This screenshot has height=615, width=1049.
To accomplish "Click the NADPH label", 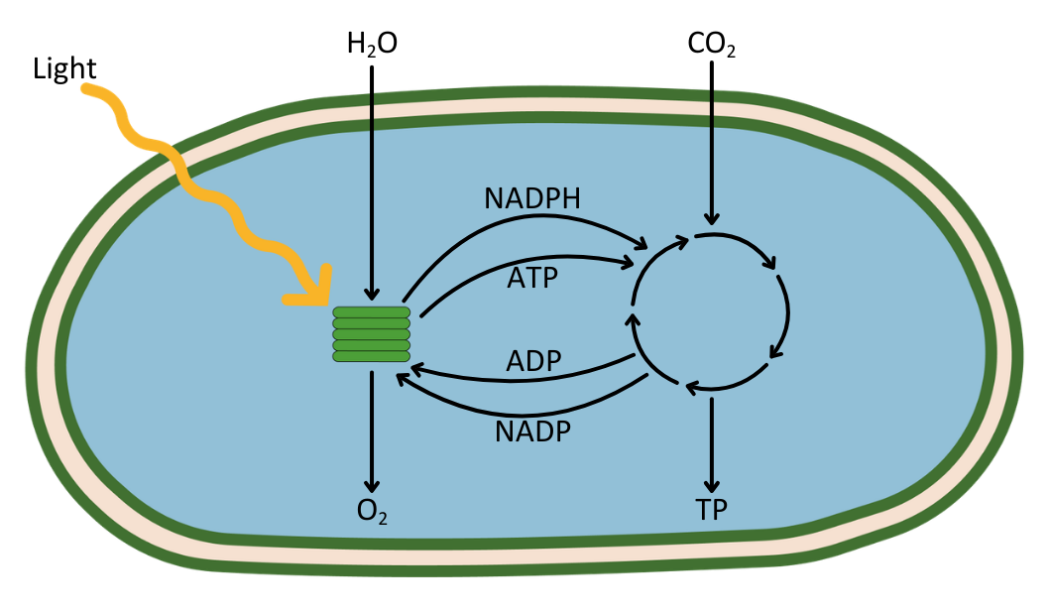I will (531, 198).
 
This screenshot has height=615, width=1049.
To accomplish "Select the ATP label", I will (531, 278).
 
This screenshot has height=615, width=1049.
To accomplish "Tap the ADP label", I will (533, 362).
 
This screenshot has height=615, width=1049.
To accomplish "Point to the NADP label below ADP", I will (532, 432).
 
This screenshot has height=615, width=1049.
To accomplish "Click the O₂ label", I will (371, 511).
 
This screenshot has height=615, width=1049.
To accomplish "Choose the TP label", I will (711, 511).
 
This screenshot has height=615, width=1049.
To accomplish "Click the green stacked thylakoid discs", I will (371, 334).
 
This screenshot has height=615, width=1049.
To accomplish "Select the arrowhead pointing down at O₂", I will (371, 486).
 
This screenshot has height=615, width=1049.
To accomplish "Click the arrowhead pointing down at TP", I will (711, 486).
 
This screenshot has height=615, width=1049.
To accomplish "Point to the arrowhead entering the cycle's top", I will (711, 219).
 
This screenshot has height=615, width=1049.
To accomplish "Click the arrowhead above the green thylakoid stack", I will (371, 294).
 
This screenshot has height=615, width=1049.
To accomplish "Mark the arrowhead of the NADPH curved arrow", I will (641, 244).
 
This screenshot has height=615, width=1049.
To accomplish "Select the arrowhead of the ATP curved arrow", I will (628, 263).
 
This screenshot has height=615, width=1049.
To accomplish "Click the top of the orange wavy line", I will (87, 90).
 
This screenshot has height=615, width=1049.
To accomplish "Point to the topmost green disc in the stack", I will (371, 312).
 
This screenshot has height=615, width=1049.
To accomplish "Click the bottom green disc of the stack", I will (371, 356).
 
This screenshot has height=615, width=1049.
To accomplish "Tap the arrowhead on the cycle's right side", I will (774, 351).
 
